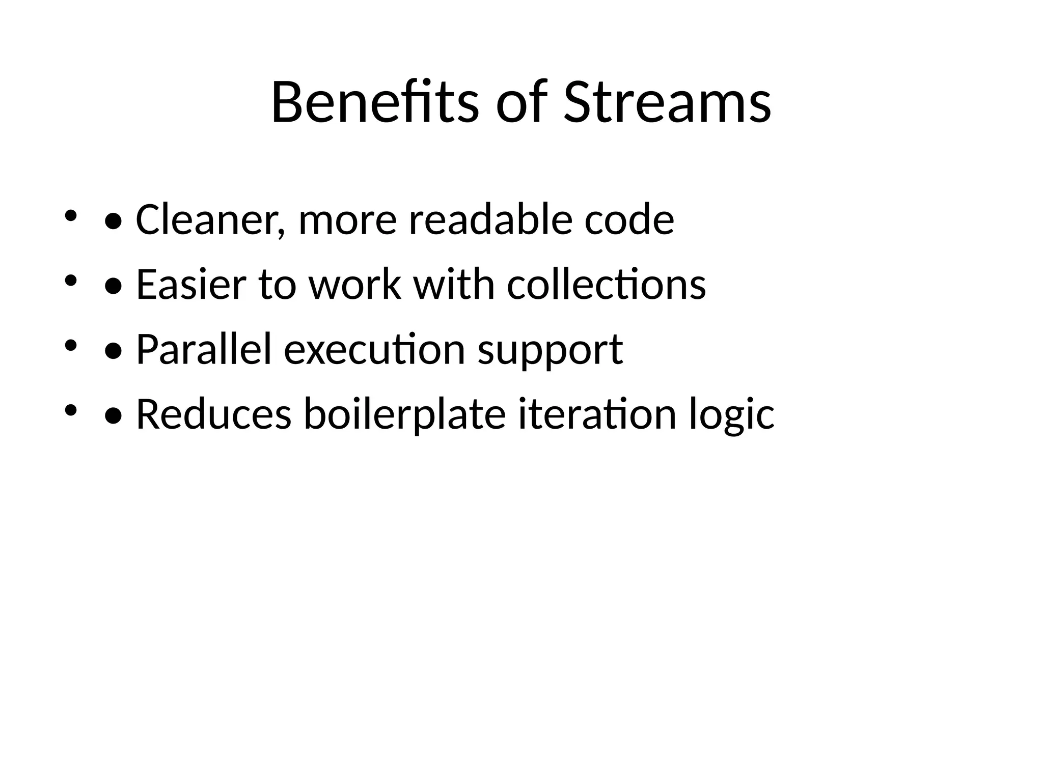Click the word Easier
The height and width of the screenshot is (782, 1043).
pyautogui.click(x=191, y=285)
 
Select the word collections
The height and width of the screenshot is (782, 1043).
pyautogui.click(x=606, y=285)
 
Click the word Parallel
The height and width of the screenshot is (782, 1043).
pyautogui.click(x=204, y=350)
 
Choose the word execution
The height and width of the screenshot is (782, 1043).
pyautogui.click(x=374, y=350)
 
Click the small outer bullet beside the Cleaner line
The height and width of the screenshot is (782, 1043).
pyautogui.click(x=70, y=216)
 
